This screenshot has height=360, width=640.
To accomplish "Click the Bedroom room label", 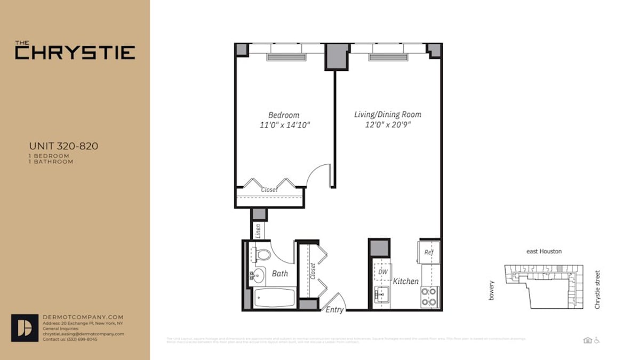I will click(x=283, y=115).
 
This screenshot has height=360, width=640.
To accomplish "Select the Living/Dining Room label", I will click(x=388, y=115).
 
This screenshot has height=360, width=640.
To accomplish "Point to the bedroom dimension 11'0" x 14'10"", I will click(x=283, y=125).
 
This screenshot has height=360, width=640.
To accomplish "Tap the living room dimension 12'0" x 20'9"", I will click(x=388, y=125).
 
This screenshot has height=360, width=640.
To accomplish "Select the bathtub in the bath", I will click(x=274, y=298).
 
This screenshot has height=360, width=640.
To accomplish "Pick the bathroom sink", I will click(x=257, y=276).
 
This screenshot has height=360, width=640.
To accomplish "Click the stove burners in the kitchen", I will click(x=429, y=297).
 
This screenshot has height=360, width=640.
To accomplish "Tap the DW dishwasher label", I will click(x=382, y=271).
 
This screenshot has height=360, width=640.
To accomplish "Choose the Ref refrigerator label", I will click(x=428, y=252).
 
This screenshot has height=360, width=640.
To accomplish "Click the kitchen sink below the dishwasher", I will click(x=382, y=293).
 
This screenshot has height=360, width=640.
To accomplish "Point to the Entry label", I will click(x=334, y=310).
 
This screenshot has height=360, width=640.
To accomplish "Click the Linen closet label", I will click(x=258, y=230).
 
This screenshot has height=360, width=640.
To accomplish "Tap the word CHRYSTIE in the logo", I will click(x=75, y=52).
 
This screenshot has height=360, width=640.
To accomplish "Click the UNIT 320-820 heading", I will click(x=63, y=146).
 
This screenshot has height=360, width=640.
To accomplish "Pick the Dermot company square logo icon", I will click(x=25, y=327).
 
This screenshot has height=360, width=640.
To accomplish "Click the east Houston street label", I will click(x=543, y=252).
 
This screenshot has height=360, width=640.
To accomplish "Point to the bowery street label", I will click(x=491, y=290).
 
